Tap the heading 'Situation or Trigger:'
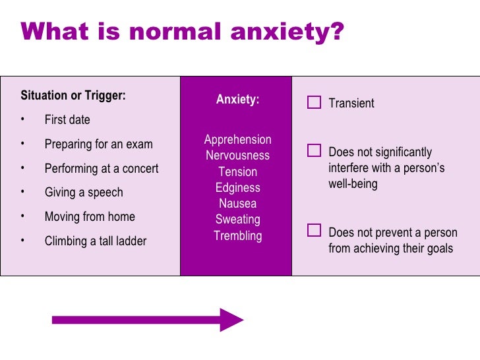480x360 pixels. (x=73, y=95)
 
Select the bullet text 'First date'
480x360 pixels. (x=67, y=120)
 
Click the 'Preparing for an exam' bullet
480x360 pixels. (x=98, y=144)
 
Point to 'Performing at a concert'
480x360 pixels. (x=102, y=169)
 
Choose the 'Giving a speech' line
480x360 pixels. (x=84, y=193)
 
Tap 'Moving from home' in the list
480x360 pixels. (x=90, y=217)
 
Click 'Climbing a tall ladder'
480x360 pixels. (x=96, y=241)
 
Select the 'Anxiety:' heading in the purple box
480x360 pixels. (x=237, y=100)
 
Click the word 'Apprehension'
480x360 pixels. (x=237, y=140)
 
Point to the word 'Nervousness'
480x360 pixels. (x=237, y=156)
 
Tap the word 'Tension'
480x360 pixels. (x=237, y=172)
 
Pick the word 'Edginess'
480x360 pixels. (x=237, y=188)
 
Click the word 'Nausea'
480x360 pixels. (x=237, y=204)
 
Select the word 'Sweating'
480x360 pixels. (x=237, y=220)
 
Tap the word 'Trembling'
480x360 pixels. (x=237, y=236)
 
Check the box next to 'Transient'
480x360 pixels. (x=314, y=102)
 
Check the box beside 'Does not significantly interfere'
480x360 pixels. (x=314, y=151)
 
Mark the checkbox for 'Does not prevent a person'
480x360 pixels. (x=314, y=231)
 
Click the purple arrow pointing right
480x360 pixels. (x=148, y=320)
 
